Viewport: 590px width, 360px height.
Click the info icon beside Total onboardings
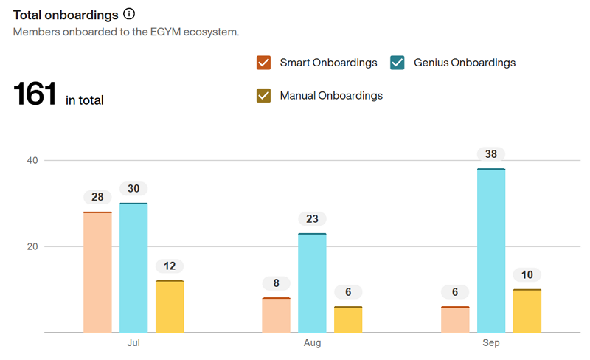(129, 14)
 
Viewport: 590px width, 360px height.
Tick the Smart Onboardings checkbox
(264, 63)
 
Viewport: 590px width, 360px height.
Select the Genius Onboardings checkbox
(398, 63)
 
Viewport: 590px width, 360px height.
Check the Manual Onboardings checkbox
(264, 95)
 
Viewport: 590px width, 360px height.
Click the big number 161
(35, 94)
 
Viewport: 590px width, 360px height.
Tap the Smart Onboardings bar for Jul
(97, 272)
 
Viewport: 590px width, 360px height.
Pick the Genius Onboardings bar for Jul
(133, 268)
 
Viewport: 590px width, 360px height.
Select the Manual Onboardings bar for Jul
(170, 306)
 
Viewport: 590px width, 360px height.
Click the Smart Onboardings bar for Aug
(277, 315)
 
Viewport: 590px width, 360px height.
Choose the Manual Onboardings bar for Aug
(348, 319)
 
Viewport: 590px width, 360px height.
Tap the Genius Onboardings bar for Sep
(491, 251)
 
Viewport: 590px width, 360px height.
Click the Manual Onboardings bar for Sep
(527, 311)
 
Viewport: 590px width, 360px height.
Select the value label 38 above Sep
(491, 155)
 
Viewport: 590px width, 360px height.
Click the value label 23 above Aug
(312, 219)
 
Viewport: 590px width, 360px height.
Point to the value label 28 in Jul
(97, 198)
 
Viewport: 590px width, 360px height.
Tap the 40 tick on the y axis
(32, 160)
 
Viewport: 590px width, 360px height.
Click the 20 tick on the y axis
(32, 246)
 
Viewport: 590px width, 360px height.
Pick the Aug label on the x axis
(312, 344)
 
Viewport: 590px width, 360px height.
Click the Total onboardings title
(66, 14)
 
